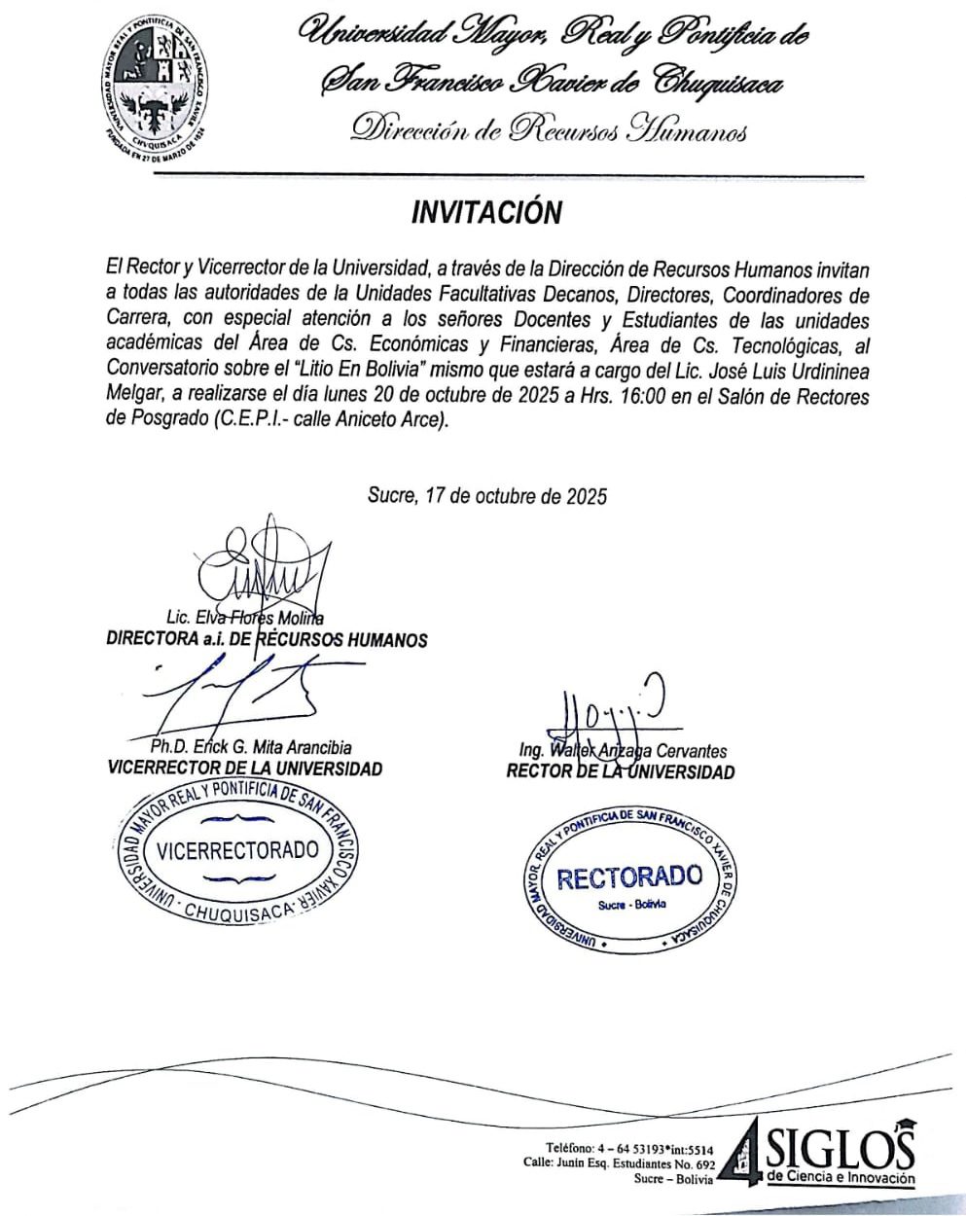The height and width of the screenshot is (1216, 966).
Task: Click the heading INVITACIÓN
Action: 486,213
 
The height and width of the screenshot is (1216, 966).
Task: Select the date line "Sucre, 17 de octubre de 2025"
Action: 486,496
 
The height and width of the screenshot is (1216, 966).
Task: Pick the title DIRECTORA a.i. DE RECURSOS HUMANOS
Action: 267,640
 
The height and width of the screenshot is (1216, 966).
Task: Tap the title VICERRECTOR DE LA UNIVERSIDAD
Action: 245,769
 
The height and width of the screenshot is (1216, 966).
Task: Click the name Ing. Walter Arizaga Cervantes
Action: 623,751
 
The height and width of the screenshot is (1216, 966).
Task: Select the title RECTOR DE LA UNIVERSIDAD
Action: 621,772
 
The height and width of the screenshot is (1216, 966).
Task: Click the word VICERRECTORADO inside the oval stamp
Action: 237,850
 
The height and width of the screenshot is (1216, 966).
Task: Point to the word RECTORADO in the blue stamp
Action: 628,877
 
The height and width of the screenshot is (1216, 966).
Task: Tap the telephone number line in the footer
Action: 630,1148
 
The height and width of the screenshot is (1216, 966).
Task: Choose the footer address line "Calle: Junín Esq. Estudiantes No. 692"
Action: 619,1163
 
